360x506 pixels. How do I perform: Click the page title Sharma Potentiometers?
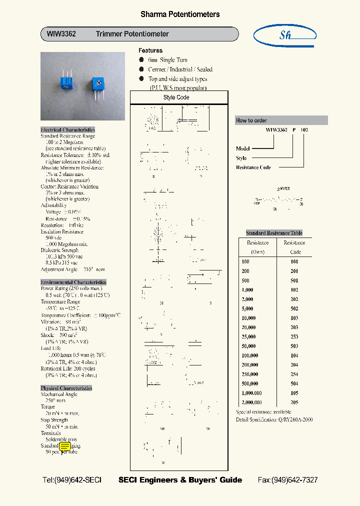179,14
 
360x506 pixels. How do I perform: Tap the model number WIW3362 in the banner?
61,34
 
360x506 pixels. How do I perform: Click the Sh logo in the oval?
285,35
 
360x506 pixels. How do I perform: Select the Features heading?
150,50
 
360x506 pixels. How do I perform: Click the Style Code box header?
176,97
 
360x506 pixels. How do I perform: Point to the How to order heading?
251,120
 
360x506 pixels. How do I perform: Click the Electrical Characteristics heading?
67,129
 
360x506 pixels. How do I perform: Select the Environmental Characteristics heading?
73,282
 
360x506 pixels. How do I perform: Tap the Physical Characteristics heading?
66,388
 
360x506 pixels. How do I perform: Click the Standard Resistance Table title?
274,233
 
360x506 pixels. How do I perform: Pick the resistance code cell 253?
294,337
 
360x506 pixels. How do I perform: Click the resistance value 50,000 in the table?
248,346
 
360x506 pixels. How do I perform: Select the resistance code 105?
294,393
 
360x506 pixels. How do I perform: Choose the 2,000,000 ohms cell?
251,402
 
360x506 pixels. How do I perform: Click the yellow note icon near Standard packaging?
65,446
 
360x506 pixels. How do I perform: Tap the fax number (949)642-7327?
287,480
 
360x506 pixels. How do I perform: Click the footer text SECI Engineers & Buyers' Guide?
180,480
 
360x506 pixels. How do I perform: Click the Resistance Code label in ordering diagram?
253,167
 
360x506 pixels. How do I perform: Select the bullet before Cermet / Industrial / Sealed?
141,69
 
